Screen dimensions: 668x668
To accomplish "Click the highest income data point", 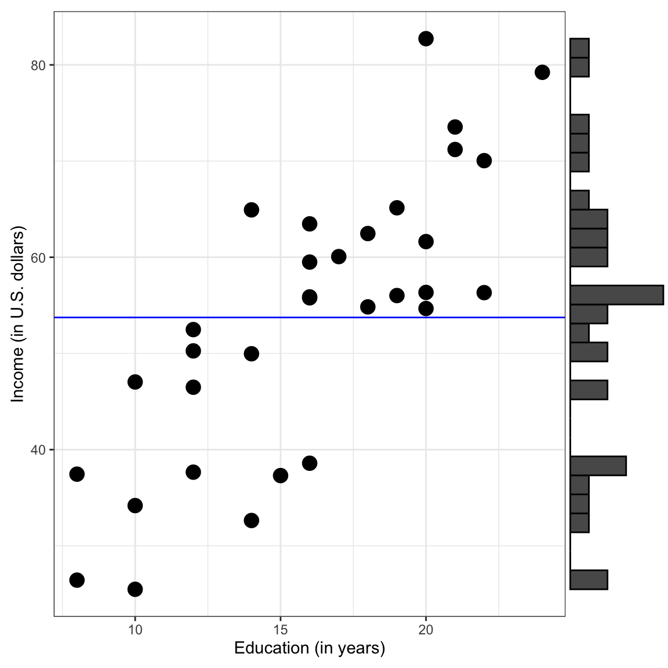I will (426, 39).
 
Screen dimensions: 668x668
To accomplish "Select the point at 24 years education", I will (542, 72).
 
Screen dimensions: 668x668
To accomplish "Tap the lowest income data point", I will (135, 589).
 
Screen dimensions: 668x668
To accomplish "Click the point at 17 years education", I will (339, 256).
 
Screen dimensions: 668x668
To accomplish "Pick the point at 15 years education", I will (281, 475).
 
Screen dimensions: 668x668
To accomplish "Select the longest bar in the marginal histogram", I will (616, 295).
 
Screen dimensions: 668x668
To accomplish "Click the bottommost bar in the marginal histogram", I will (589, 580).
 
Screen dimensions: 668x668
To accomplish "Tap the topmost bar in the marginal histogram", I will (579, 48).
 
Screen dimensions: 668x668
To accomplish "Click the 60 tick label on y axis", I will (38, 257).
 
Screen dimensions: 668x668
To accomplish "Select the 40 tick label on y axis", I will (38, 450).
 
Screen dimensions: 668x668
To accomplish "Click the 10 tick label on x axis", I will (135, 630).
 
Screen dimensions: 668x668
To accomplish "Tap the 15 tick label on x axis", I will (281, 630).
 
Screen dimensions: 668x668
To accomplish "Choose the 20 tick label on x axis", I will (426, 630).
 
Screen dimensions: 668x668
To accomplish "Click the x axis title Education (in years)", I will (310, 648).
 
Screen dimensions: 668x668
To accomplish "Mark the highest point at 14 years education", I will (251, 209).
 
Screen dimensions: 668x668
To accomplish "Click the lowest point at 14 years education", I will (251, 520).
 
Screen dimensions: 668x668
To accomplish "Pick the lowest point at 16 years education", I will (310, 463).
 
